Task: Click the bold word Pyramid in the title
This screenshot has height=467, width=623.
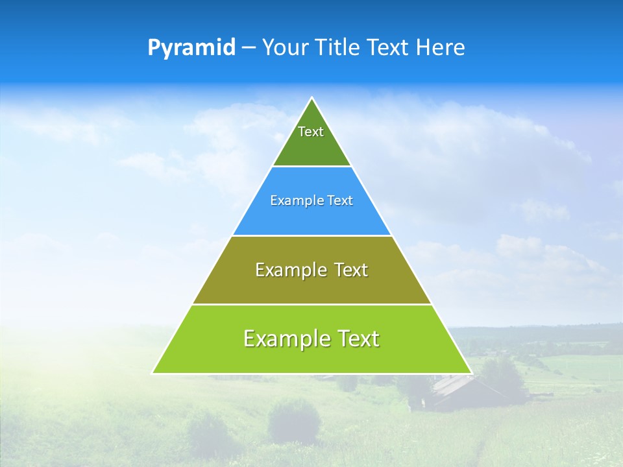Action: [191, 48]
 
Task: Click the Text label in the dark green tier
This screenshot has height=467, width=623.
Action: [311, 132]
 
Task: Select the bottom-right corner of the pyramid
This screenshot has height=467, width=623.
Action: [470, 373]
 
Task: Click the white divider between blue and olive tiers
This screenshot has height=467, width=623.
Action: [312, 235]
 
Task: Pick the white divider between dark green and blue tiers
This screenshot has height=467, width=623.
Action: [312, 166]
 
